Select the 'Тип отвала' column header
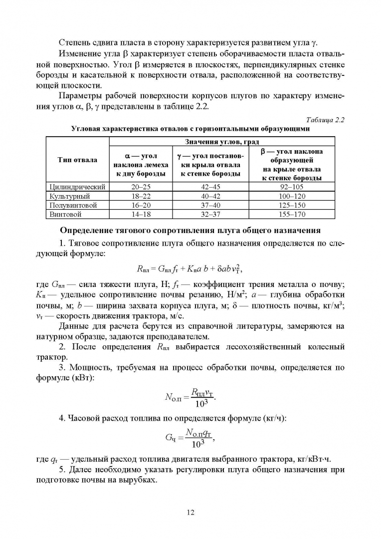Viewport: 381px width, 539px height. [77, 160]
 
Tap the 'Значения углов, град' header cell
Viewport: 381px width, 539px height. [221, 142]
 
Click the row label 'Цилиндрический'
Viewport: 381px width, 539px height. [77, 187]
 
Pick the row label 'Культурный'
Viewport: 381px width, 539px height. [70, 196]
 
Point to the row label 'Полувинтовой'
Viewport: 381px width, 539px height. [73, 205]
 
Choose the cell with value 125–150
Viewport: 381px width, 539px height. [292, 205]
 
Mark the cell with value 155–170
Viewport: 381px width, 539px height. [292, 214]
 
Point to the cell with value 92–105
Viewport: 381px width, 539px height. [292, 187]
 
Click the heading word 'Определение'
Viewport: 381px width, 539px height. [90, 231]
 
